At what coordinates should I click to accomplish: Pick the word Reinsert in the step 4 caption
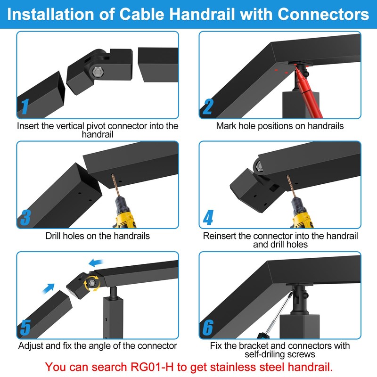click(220, 236)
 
